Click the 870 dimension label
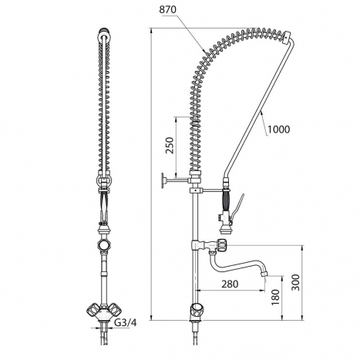[168, 10]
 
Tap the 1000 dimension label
[279, 130]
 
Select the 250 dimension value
[170, 146]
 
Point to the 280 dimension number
[230, 284]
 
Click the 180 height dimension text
[275, 297]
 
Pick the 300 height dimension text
[296, 282]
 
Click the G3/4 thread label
[125, 322]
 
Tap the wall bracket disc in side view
[163, 180]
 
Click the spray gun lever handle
[237, 207]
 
